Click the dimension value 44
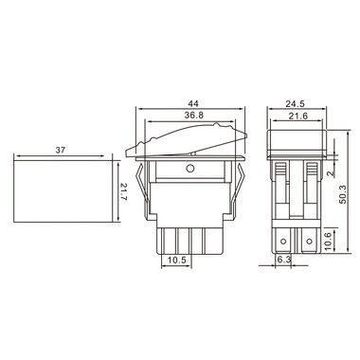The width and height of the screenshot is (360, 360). pyautogui.click(x=192, y=103)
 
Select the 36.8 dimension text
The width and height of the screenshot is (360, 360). pyautogui.click(x=194, y=116)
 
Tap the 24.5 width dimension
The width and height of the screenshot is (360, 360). pyautogui.click(x=295, y=103)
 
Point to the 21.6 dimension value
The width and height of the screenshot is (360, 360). pyautogui.click(x=298, y=117)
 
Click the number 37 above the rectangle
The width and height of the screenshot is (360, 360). pyautogui.click(x=60, y=150)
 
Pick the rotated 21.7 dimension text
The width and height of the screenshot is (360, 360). pyautogui.click(x=123, y=191)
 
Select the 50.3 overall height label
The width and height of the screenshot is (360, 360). pyautogui.click(x=343, y=193)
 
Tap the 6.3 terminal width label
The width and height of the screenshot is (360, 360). pyautogui.click(x=283, y=260)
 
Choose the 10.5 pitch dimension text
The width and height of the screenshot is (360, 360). pyautogui.click(x=176, y=260)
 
